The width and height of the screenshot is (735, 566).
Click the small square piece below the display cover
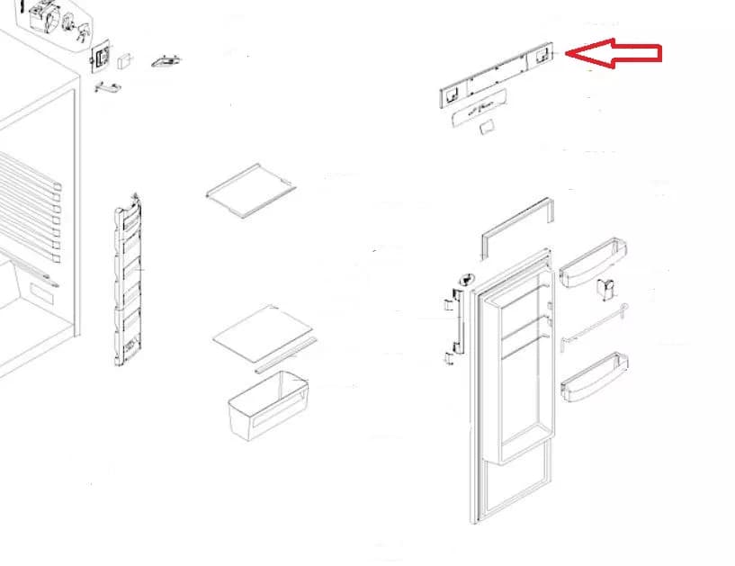tap(487, 130)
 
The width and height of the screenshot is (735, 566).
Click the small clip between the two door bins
tap(605, 289)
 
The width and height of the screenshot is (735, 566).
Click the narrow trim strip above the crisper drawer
tap(285, 355)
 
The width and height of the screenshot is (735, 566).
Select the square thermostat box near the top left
tap(102, 59)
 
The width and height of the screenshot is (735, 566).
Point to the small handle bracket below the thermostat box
tap(105, 87)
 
